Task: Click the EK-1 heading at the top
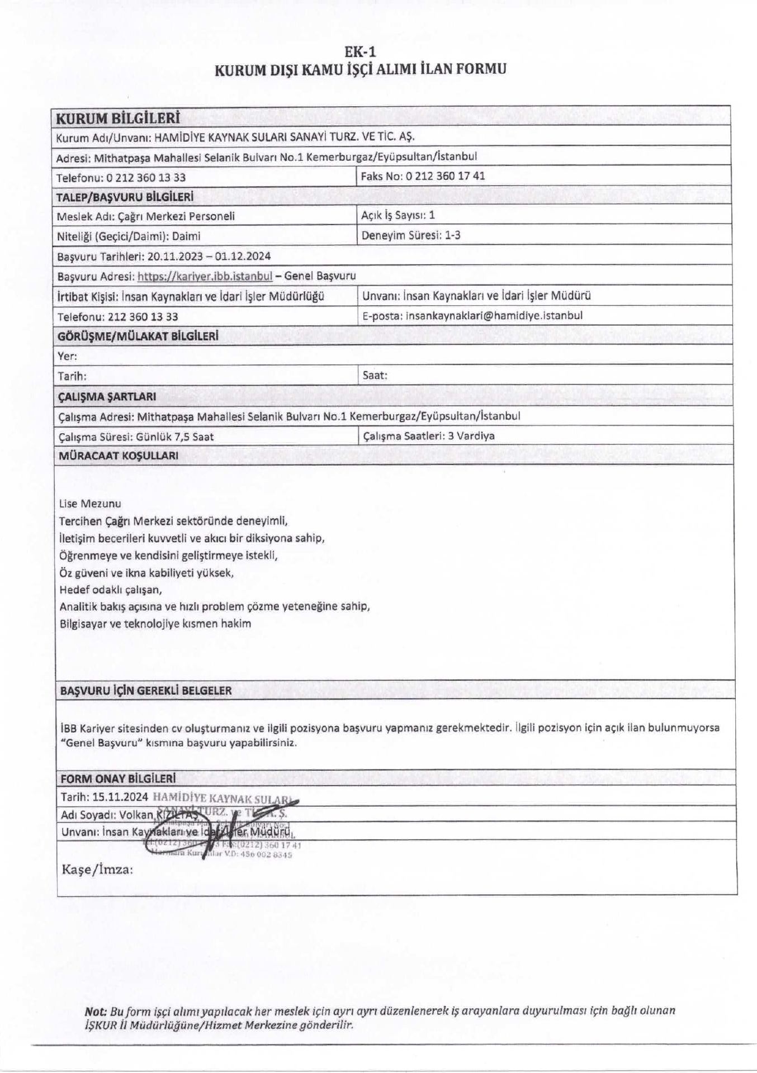click(x=360, y=52)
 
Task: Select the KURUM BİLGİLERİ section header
click(x=117, y=118)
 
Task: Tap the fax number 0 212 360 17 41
click(x=445, y=176)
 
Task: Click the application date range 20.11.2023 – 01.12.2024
click(x=209, y=257)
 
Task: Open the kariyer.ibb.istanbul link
click(x=205, y=276)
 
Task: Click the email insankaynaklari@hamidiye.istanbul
click(x=494, y=316)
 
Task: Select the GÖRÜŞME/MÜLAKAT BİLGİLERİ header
click(x=138, y=336)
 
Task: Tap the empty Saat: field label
click(x=375, y=376)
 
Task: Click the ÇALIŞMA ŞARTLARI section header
click(x=107, y=397)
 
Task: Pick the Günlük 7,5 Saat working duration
click(x=174, y=437)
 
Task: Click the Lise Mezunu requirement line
click(x=90, y=504)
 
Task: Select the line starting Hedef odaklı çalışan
click(x=111, y=590)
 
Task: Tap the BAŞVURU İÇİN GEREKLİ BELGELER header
click(x=146, y=691)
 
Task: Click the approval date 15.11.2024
click(x=120, y=797)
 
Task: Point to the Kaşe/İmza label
click(x=97, y=870)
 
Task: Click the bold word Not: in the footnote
click(x=96, y=1010)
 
